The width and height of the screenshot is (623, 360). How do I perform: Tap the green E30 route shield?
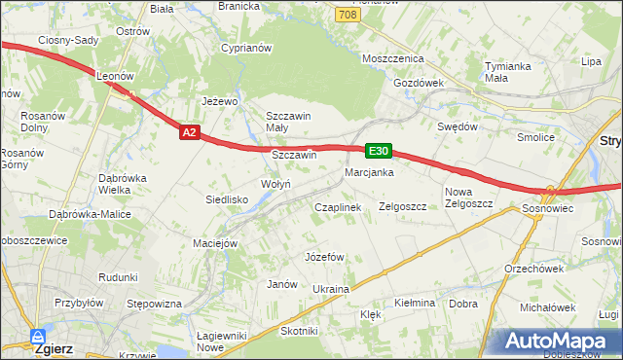click(x=379, y=151)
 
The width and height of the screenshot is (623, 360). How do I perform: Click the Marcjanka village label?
click(x=368, y=172)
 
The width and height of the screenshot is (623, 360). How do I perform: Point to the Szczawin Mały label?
click(x=288, y=122)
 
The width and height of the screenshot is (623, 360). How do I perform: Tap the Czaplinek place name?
click(x=337, y=207)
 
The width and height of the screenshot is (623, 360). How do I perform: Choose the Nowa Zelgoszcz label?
click(x=468, y=198)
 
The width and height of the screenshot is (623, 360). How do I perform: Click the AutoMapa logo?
click(x=562, y=342)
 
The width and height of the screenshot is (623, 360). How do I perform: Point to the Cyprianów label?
click(x=244, y=47)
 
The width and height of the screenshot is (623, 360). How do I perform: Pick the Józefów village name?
click(x=325, y=257)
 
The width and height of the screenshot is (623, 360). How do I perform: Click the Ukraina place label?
click(x=330, y=289)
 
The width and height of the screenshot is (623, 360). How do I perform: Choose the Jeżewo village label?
click(x=219, y=100)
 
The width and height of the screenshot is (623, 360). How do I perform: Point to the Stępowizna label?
click(x=155, y=304)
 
